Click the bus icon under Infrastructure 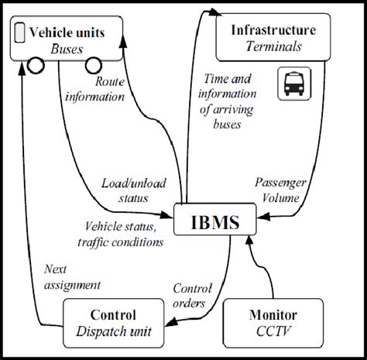[293, 84]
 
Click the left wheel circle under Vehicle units [35, 65]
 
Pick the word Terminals [274, 48]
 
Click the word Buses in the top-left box [67, 48]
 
